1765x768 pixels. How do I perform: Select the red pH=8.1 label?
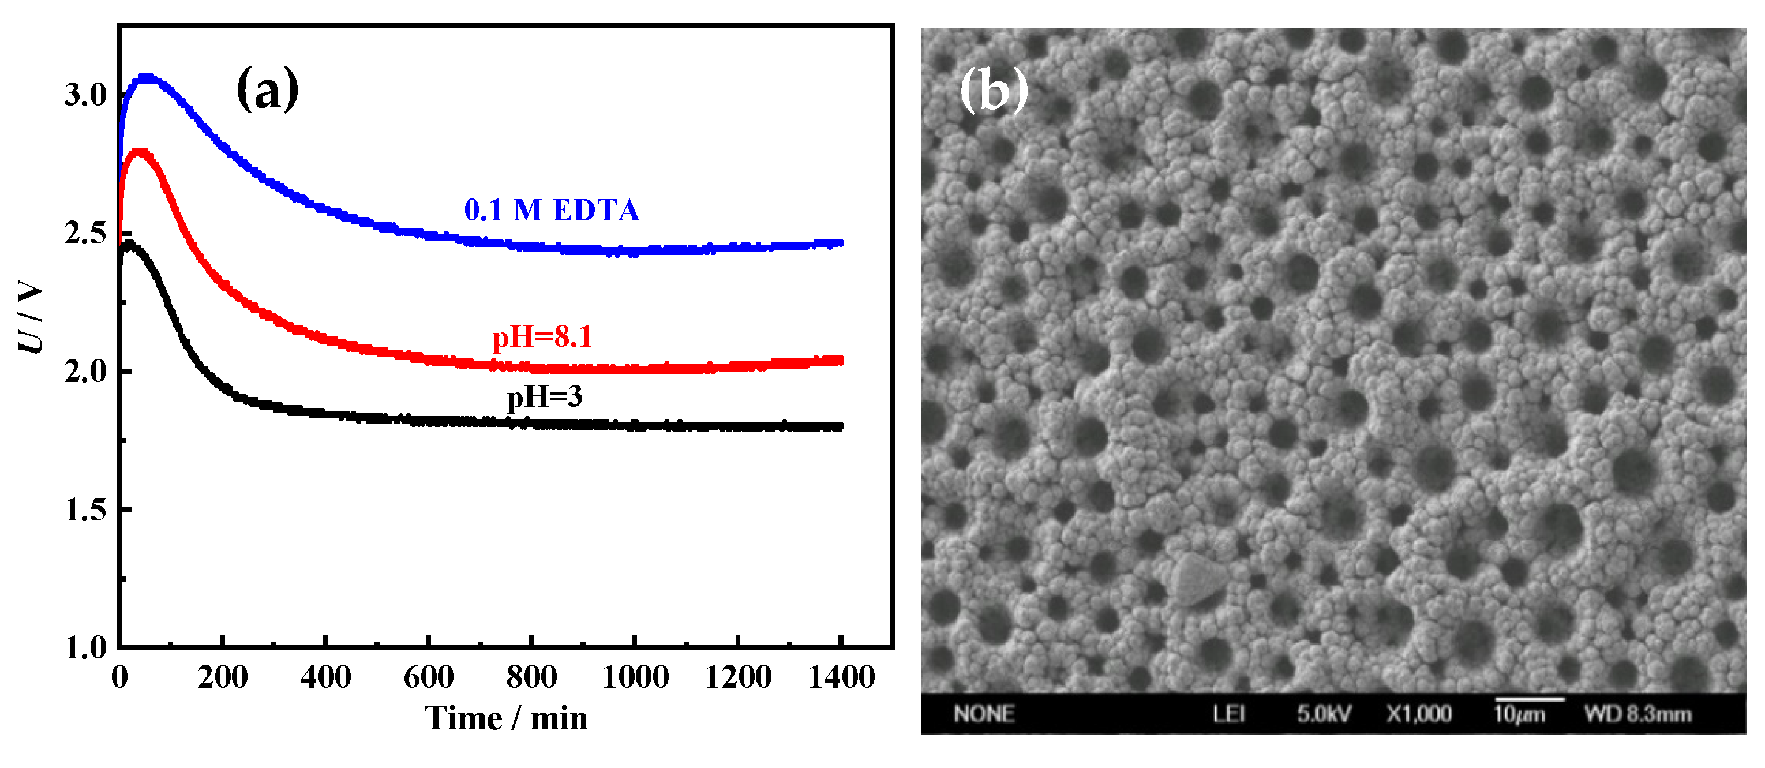(542, 336)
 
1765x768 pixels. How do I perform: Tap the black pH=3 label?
(545, 396)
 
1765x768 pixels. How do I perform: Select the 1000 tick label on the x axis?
(635, 677)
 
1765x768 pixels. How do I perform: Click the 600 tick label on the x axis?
(428, 677)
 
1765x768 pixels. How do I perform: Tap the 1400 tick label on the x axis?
(841, 677)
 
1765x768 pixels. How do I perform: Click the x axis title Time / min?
(505, 718)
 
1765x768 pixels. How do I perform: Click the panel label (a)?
(267, 89)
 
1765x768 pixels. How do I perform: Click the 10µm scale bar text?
(1519, 714)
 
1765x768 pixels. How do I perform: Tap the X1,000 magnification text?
(1419, 714)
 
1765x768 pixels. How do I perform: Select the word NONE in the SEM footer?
(984, 714)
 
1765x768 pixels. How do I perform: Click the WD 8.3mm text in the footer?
(1637, 714)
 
